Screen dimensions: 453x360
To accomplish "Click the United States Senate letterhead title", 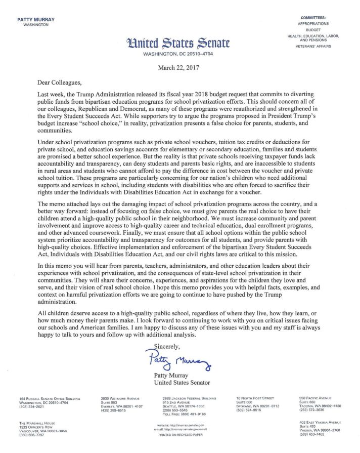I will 181,44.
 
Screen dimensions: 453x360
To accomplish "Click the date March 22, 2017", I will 180,67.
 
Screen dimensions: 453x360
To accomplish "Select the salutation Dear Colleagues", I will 59,81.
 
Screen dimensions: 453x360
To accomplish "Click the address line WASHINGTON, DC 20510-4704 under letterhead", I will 181,54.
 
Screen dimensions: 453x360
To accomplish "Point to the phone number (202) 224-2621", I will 32,406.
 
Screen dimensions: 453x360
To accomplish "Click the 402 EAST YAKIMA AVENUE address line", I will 320,422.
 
